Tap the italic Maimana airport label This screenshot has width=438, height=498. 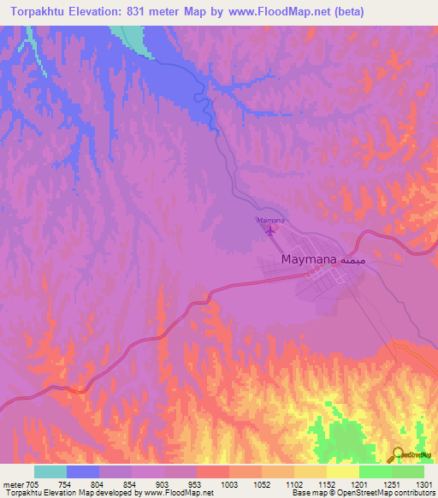coord(270,221)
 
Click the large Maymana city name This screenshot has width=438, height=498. coord(308,258)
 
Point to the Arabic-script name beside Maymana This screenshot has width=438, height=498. coord(353,258)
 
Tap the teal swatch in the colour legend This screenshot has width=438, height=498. coord(50,471)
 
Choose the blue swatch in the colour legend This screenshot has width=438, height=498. coord(83,471)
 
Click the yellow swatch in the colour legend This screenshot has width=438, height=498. coord(343,471)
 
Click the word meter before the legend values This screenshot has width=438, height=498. coord(13,484)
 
